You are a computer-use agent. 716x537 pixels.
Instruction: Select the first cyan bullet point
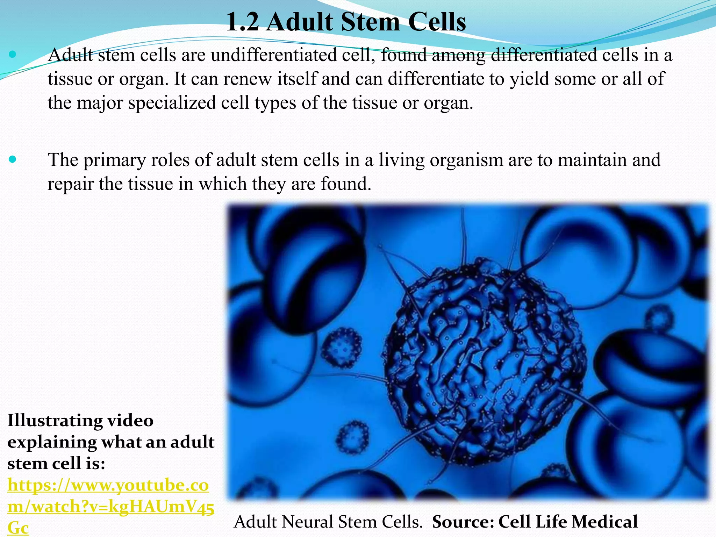tap(13, 54)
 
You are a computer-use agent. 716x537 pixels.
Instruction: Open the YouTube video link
tap(108, 506)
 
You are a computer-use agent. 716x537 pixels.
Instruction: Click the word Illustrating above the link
tap(54, 420)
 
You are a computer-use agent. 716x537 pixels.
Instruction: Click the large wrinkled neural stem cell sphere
tap(484, 364)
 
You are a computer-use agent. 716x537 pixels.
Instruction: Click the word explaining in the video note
tap(51, 442)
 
